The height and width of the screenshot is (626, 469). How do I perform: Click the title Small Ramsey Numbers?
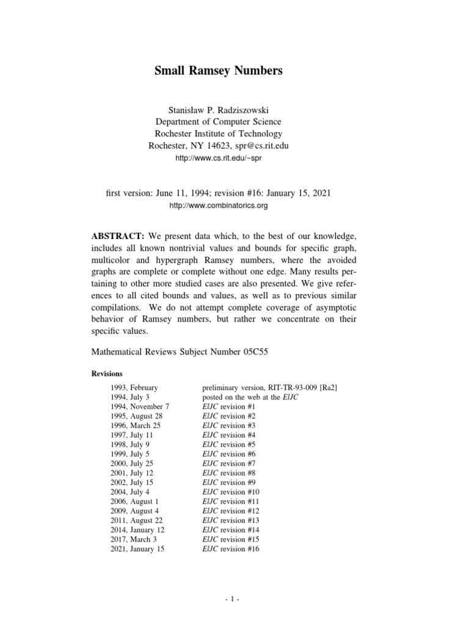(218, 71)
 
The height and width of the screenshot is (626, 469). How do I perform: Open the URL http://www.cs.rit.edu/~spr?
(218, 159)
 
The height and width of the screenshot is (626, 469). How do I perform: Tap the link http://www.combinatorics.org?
(218, 206)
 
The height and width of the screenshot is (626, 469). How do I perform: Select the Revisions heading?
(107, 374)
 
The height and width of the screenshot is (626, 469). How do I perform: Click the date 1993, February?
(134, 388)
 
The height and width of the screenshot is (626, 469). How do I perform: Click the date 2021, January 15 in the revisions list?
(137, 548)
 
